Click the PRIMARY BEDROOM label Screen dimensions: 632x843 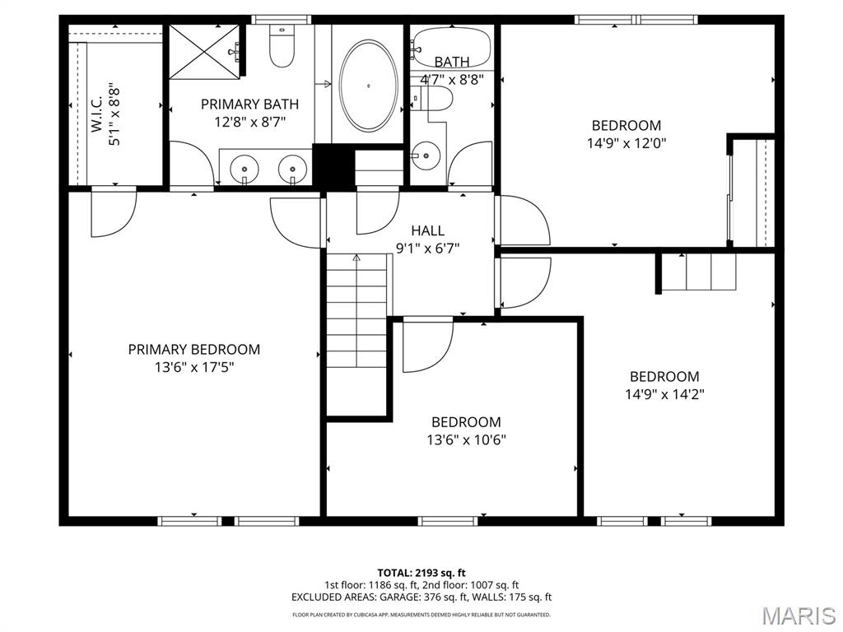tap(193, 349)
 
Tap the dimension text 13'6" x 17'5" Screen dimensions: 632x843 tap(193, 367)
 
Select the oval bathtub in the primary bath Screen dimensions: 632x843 tap(369, 85)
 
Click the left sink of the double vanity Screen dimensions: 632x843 tap(245, 170)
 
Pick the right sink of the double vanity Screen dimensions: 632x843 tap(292, 170)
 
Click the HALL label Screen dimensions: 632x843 tap(427, 230)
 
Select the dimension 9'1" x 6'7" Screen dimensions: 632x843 tap(427, 248)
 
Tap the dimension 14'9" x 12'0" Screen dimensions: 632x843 tap(626, 142)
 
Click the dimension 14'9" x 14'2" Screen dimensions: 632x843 tap(664, 394)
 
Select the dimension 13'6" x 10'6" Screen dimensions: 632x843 tap(466, 439)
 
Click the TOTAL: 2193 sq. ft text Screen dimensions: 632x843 tap(421, 572)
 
